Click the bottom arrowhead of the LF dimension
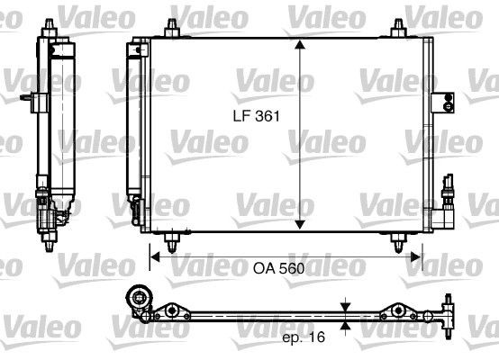301,224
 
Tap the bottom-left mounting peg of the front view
171,241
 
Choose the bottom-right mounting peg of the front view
396,241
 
